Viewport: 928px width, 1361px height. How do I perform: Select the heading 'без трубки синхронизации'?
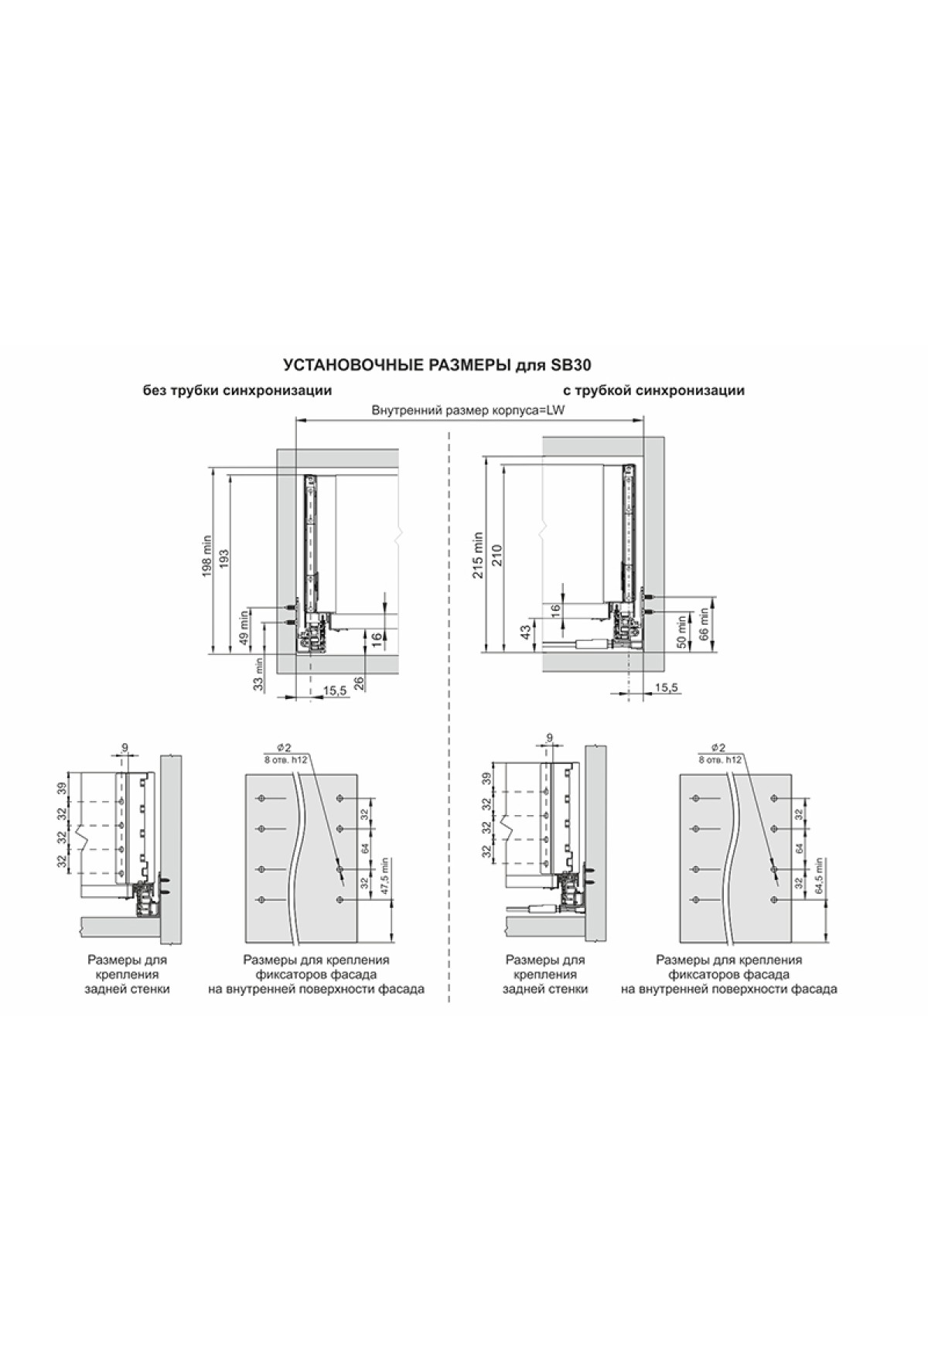pyautogui.click(x=237, y=391)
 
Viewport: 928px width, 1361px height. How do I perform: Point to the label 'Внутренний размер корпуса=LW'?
pyautogui.click(x=469, y=411)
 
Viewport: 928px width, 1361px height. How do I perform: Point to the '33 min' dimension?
pyautogui.click(x=259, y=673)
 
